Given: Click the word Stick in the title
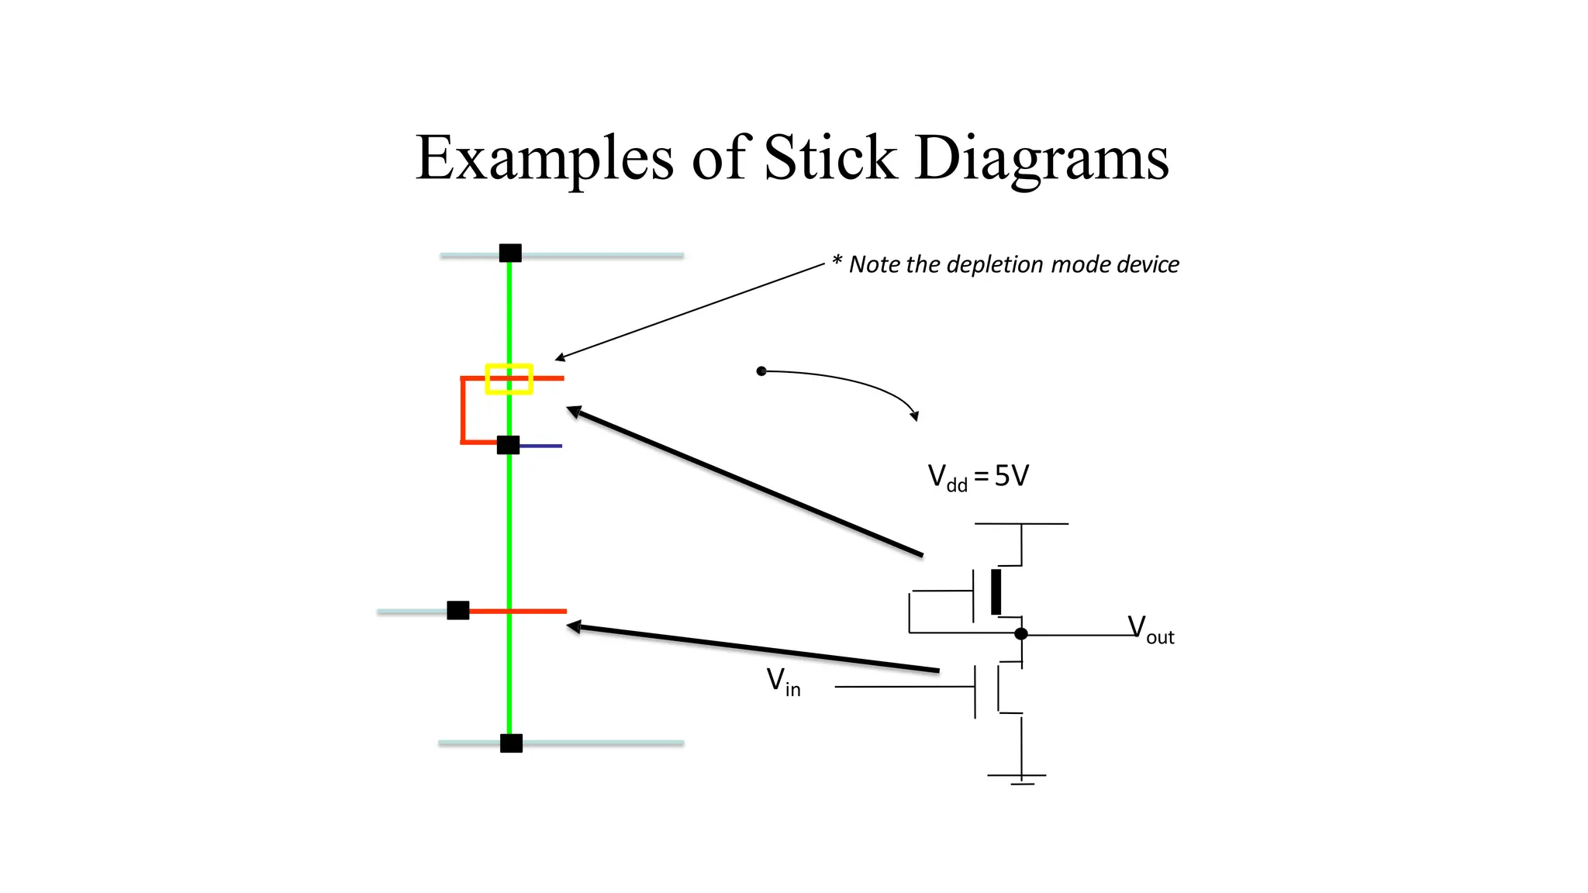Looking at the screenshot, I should (x=830, y=157).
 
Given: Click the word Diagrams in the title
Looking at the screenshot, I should (x=1041, y=159).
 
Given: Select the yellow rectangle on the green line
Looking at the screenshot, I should (x=509, y=379).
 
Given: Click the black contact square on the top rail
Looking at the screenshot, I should (x=510, y=253).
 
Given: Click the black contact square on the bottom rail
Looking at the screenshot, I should (x=511, y=743).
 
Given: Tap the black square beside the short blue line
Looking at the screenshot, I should (x=508, y=445).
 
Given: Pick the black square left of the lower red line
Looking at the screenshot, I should (x=458, y=611).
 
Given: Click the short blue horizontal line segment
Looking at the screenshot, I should (x=541, y=446).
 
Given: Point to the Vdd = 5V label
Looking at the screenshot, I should (x=978, y=477).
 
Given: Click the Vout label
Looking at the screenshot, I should (x=1151, y=629).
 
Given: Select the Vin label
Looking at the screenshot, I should (x=783, y=682).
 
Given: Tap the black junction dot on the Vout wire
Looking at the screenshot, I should (x=1021, y=634).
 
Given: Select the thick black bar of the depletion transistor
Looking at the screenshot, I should (x=996, y=592).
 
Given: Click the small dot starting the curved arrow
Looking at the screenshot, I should (x=761, y=371).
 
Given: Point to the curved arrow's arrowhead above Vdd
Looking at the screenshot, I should (x=915, y=416).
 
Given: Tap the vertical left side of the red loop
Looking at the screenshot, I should (x=463, y=411).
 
